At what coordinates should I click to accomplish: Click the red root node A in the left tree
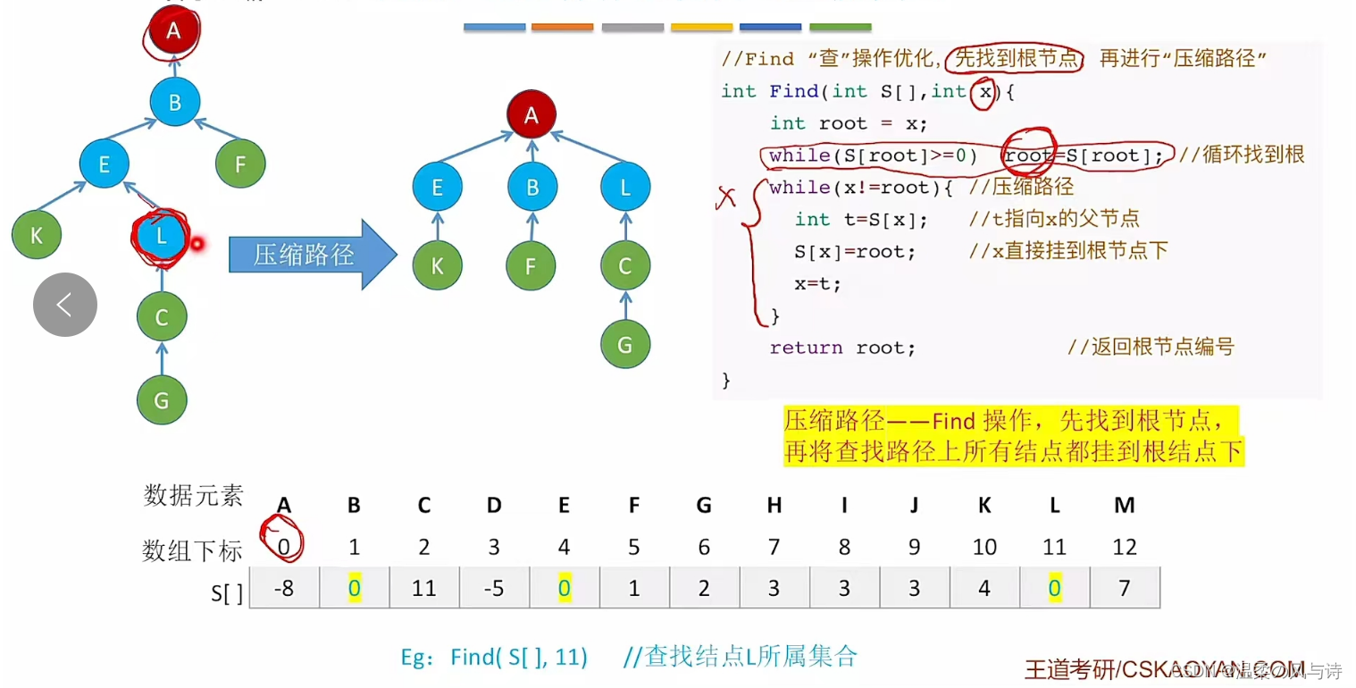pos(173,30)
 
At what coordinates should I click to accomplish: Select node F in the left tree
pos(240,164)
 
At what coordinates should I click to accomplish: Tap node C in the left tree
pos(162,317)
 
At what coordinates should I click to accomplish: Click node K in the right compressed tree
pos(438,266)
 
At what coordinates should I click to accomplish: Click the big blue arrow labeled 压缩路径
pos(312,255)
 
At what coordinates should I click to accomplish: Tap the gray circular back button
pos(65,305)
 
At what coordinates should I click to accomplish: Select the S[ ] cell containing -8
pos(284,588)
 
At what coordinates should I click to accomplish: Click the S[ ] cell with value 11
pos(424,588)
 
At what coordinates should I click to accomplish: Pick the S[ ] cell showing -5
pos(494,588)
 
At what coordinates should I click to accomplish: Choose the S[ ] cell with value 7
pos(1124,588)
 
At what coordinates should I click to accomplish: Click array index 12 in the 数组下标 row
pos(1124,546)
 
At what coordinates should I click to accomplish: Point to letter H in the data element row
pos(774,506)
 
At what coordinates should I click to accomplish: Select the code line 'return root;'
pos(842,348)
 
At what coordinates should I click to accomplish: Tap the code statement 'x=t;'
pos(817,284)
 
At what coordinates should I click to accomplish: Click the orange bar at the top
pos(562,28)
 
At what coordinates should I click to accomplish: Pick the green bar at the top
pos(840,28)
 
